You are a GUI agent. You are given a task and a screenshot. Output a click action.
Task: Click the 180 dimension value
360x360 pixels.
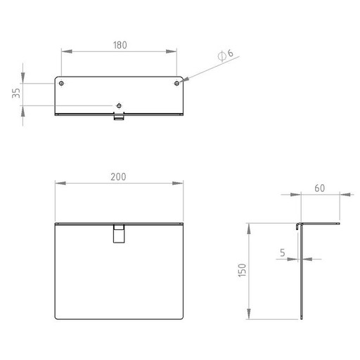point(120,45)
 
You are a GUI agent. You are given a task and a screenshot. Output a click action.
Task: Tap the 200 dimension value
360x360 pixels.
point(118,176)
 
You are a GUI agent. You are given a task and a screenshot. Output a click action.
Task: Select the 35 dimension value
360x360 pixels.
point(16,93)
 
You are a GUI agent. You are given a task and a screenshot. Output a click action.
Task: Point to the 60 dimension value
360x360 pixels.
point(320,188)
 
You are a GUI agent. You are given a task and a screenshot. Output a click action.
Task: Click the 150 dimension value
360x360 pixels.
point(242,270)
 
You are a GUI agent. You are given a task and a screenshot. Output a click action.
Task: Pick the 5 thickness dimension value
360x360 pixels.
point(283,252)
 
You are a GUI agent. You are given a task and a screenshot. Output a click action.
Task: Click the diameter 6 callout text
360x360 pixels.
point(226,55)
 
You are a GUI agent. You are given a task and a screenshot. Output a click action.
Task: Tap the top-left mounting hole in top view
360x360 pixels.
point(61,83)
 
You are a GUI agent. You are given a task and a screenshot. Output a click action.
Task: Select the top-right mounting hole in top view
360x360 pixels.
point(176,83)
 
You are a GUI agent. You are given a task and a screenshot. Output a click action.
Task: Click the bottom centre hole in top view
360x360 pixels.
point(119,105)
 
